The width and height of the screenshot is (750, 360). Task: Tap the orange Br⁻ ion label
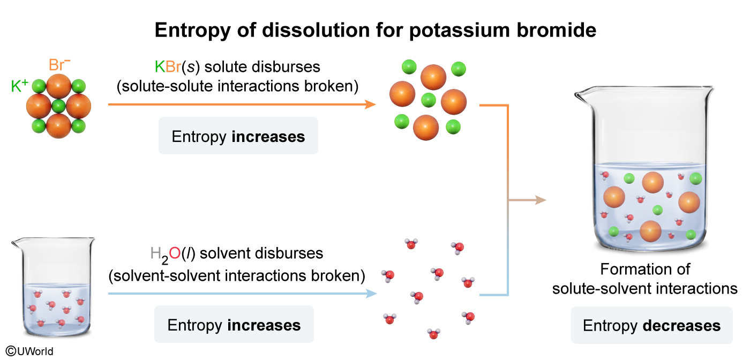coord(59,66)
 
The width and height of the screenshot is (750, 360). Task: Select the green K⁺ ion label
coord(19,86)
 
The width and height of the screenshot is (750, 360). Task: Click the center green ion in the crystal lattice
coord(59,104)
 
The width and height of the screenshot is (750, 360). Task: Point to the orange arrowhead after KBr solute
coord(370,104)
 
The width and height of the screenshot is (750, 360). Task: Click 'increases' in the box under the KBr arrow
coord(268,137)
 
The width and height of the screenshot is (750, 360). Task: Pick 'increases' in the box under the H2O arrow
coord(264,325)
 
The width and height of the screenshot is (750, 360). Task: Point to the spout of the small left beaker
coord(15,243)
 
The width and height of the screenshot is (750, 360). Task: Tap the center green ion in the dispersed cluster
coord(428,100)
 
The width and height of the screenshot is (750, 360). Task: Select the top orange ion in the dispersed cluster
coord(433,77)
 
